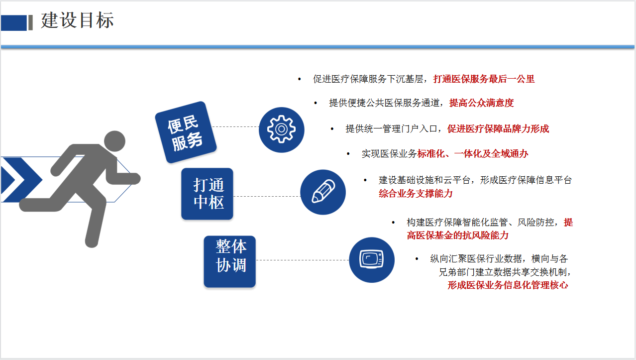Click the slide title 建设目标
(x=77, y=20)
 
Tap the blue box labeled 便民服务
(x=186, y=132)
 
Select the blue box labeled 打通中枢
(x=207, y=194)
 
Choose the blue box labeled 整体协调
(x=230, y=261)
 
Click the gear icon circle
(x=281, y=129)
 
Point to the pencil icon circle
(x=323, y=192)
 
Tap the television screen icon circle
(x=372, y=260)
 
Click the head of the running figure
(x=114, y=141)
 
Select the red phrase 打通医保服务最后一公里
(x=484, y=79)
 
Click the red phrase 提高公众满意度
(x=482, y=103)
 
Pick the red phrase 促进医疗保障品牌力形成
(x=498, y=128)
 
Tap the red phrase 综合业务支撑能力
(x=416, y=194)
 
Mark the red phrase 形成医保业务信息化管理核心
(x=508, y=285)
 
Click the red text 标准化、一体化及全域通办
(x=473, y=154)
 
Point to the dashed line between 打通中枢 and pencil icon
(x=267, y=196)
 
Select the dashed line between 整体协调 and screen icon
(x=303, y=260)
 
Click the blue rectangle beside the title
(x=13, y=23)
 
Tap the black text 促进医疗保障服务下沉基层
(x=368, y=79)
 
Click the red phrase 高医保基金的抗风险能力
(x=457, y=235)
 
